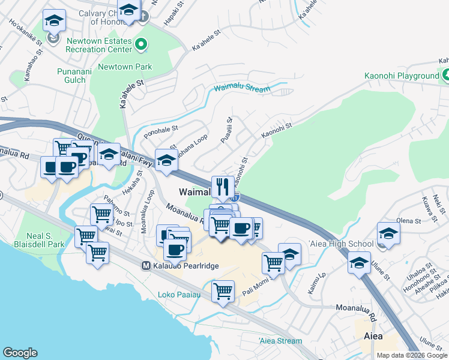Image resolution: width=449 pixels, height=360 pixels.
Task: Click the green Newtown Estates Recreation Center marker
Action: pyautogui.click(x=141, y=43)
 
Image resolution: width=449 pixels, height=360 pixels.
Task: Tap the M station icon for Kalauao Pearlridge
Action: pyautogui.click(x=145, y=265)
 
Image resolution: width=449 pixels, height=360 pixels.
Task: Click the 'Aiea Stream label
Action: pyautogui.click(x=280, y=341)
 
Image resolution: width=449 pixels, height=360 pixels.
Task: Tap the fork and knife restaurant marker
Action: pyautogui.click(x=223, y=187)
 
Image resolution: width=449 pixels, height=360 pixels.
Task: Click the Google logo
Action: pyautogui.click(x=20, y=353)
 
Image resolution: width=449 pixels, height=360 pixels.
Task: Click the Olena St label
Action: pyautogui.click(x=409, y=221)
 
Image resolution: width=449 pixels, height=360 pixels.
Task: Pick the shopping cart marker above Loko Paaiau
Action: pyautogui.click(x=223, y=292)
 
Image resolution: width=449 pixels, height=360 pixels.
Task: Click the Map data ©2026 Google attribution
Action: pyautogui.click(x=412, y=355)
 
